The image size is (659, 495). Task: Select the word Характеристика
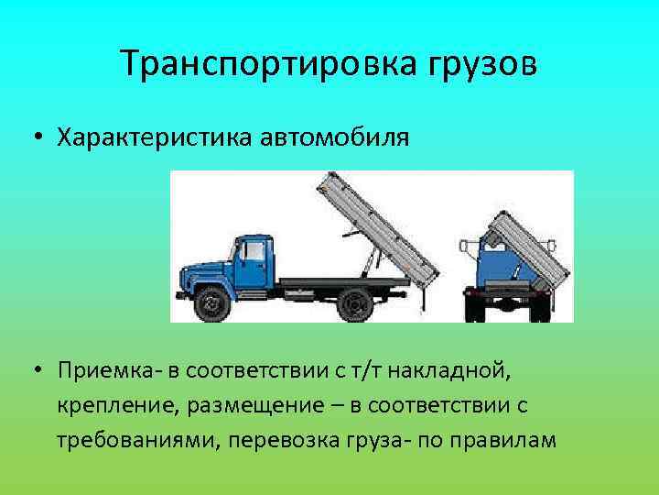[155, 138]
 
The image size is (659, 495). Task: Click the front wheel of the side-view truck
[213, 302]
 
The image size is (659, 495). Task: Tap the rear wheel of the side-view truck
[353, 302]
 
